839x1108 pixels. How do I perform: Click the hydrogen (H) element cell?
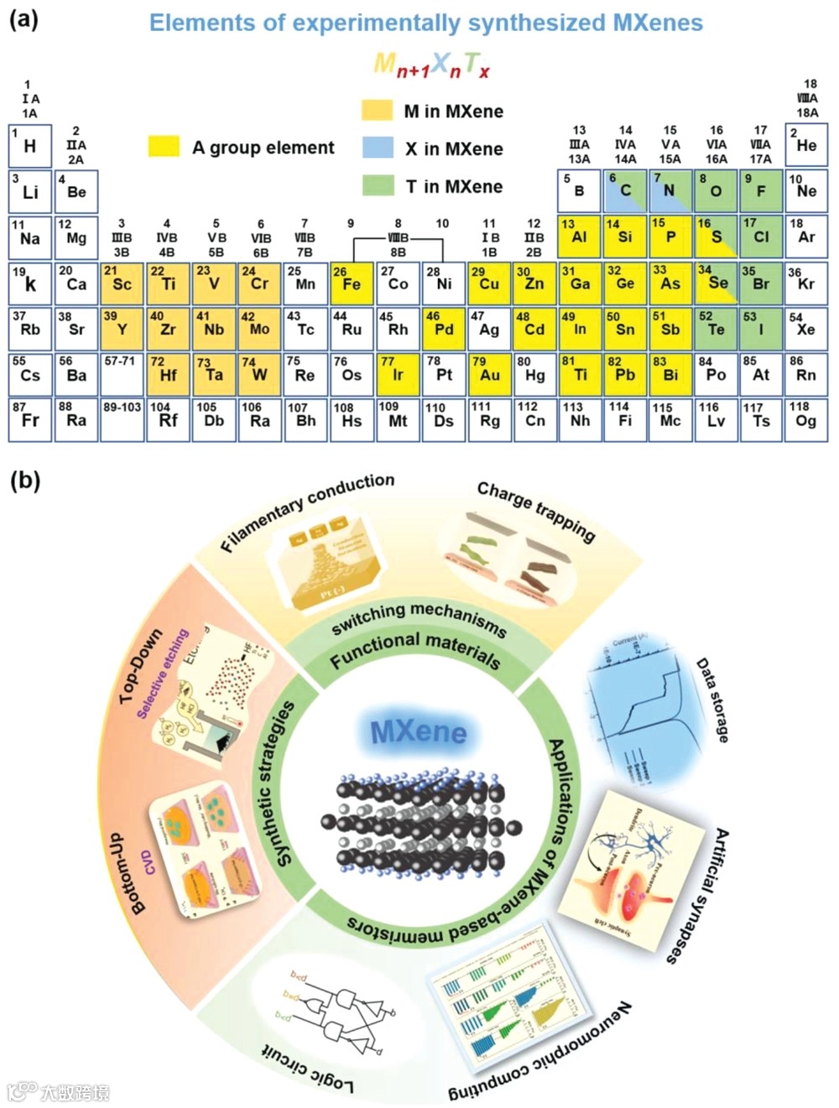click(x=30, y=146)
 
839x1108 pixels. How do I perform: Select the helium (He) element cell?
click(x=806, y=146)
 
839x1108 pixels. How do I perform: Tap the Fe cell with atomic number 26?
click(x=352, y=284)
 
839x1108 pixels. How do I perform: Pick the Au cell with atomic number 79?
click(x=489, y=374)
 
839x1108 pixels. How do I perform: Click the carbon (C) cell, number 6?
click(x=625, y=190)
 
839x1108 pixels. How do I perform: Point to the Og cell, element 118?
click(x=805, y=420)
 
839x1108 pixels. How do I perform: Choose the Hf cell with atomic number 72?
click(x=168, y=374)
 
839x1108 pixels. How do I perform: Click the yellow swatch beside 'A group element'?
click(x=164, y=147)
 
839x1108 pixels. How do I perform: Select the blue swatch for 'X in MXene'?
click(x=378, y=148)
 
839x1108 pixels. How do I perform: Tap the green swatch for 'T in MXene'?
click(x=378, y=186)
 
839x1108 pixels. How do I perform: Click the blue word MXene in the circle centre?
click(x=419, y=732)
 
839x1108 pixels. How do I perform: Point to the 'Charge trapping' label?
click(x=536, y=512)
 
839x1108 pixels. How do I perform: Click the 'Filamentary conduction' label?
click(x=307, y=512)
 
